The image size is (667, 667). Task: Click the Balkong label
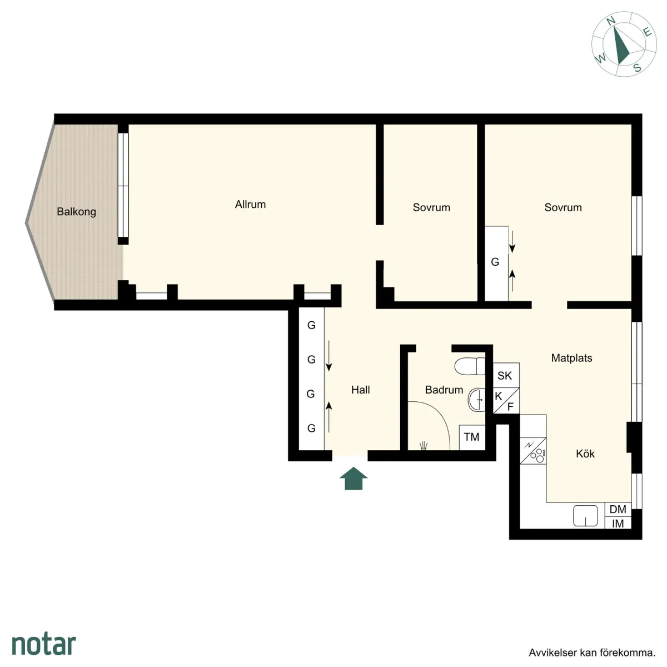pos(76,212)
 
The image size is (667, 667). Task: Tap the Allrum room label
pos(250,205)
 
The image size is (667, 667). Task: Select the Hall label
pos(360,390)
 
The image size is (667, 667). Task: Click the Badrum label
pos(444,390)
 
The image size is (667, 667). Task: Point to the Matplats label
pos(571,358)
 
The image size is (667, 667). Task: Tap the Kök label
pos(585,454)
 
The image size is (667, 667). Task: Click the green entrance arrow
pos(354,478)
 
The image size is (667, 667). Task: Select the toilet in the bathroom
pos(470,367)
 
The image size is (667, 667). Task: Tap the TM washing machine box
pos(471,437)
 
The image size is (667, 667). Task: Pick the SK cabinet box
pos(505,376)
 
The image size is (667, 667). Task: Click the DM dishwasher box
pos(618,509)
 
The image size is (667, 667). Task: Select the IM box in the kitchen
pos(618,523)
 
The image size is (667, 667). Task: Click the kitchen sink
pos(585,516)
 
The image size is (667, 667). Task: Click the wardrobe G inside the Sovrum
pos(495,262)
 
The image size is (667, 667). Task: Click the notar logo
pos(43,644)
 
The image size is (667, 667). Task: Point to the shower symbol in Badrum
pos(424,445)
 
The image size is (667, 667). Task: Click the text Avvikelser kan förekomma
pos(591,653)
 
